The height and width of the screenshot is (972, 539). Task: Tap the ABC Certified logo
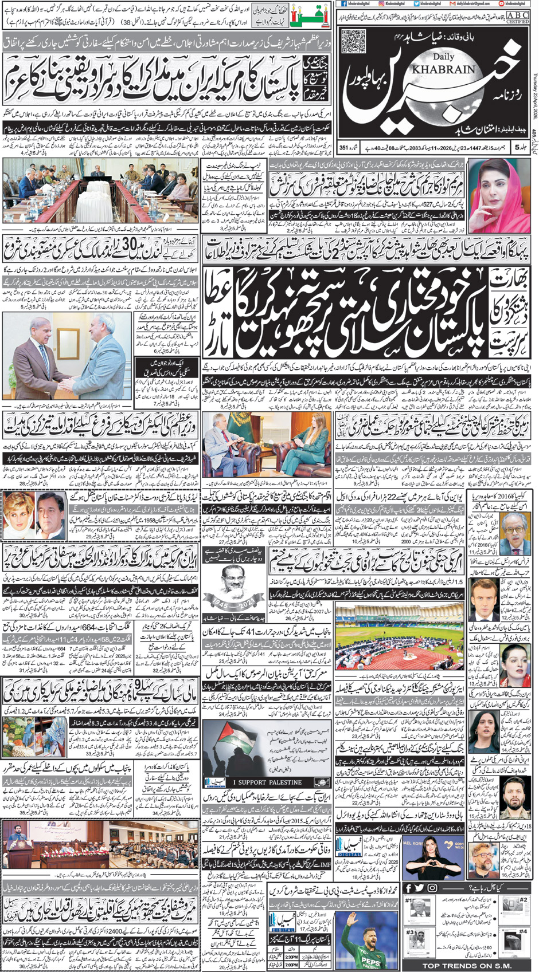click(517, 18)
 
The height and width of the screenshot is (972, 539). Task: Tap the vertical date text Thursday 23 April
click(534, 75)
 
